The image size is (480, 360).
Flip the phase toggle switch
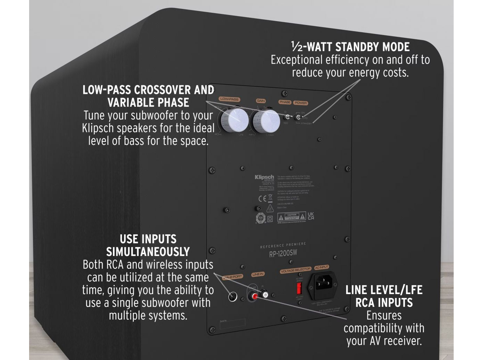pyautogui.click(x=288, y=117)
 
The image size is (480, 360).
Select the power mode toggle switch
pyautogui.click(x=298, y=117)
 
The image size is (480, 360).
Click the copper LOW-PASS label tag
pyautogui.click(x=229, y=99)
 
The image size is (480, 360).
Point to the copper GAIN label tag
pyautogui.click(x=261, y=101)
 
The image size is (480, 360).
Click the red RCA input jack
pyautogui.click(x=255, y=296)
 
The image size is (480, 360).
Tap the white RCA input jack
pyautogui.click(x=265, y=294)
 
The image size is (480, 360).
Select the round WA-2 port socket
pyautogui.click(x=233, y=297)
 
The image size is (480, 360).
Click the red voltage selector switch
pyautogui.click(x=299, y=288)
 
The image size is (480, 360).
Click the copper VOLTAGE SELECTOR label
pyautogui.click(x=296, y=269)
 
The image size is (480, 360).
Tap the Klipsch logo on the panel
pyautogui.click(x=264, y=177)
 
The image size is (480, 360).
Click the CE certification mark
pyautogui.click(x=262, y=199)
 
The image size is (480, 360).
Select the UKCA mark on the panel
pyautogui.click(x=311, y=216)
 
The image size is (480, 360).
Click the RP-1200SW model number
pyautogui.click(x=283, y=254)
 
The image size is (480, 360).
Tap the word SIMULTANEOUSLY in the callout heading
pyautogui.click(x=148, y=251)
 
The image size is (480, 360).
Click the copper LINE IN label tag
pyautogui.click(x=258, y=274)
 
